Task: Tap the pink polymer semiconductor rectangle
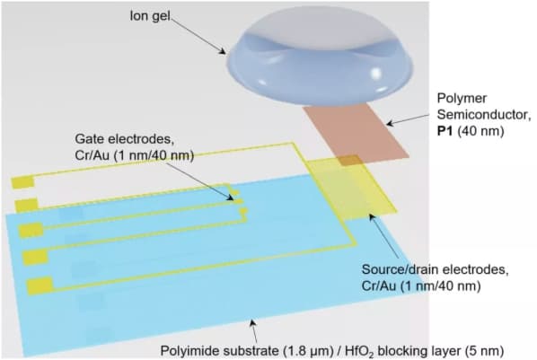coord(357,135)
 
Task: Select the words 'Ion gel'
coord(150,16)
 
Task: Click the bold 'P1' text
coord(445,131)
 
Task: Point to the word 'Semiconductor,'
coord(484,115)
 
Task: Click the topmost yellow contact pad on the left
coord(22,182)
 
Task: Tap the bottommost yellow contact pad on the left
coord(40,286)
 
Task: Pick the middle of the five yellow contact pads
coord(31,231)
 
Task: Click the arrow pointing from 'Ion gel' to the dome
coord(198,36)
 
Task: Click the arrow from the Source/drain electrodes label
coord(383,236)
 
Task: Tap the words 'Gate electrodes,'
coord(123,139)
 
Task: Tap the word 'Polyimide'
coord(192,351)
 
